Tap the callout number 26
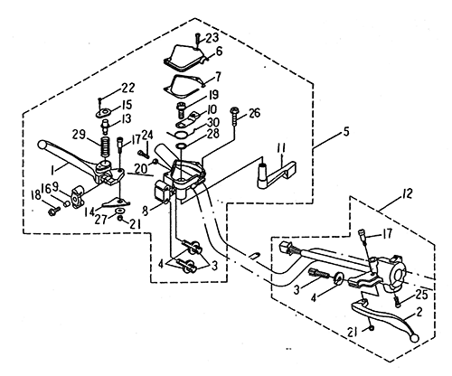point(254,114)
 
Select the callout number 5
point(346,132)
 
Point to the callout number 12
point(407,194)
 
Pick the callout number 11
point(282,148)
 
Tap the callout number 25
point(421,295)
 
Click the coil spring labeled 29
point(104,147)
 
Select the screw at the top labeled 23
point(197,40)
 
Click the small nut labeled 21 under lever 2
point(372,328)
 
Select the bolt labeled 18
point(54,211)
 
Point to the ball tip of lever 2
point(415,338)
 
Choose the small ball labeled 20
point(155,162)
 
